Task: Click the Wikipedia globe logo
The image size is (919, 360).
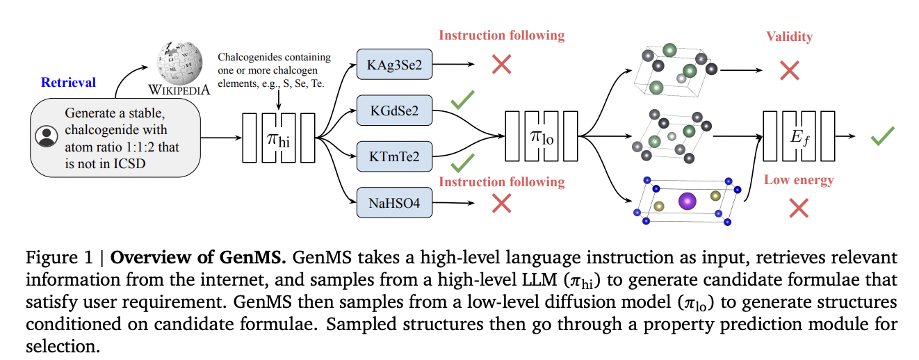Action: click(178, 62)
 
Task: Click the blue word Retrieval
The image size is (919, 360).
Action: click(68, 83)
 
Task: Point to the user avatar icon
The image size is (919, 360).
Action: click(47, 136)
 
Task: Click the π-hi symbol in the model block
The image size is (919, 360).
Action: click(278, 138)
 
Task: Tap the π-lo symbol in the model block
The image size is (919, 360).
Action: click(542, 136)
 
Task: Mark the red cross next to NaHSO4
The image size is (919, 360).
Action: click(502, 203)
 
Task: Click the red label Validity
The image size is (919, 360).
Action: click(789, 36)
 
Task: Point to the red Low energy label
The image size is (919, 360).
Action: click(799, 181)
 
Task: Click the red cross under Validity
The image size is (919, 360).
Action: click(789, 69)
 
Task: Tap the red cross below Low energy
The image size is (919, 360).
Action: click(799, 207)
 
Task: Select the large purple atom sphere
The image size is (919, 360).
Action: click(688, 201)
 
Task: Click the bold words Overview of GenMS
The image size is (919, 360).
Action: click(198, 259)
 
